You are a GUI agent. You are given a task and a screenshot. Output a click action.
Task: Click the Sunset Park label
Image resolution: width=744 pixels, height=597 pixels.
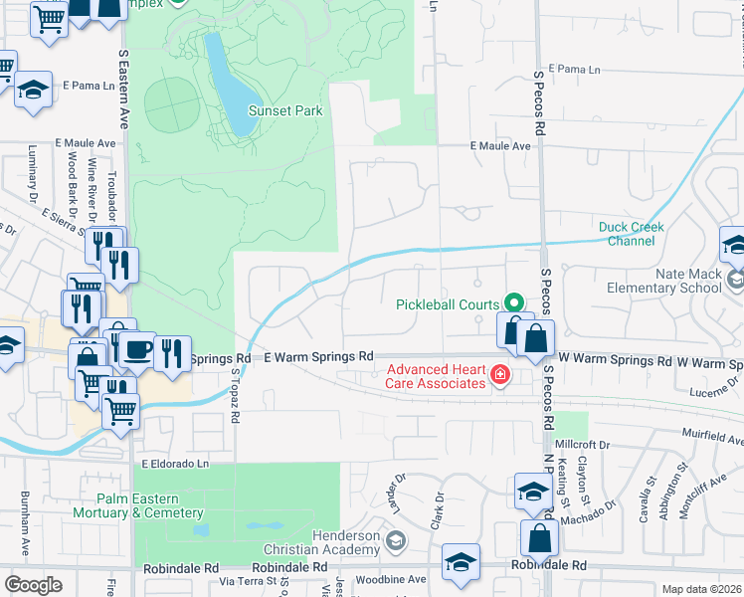285,110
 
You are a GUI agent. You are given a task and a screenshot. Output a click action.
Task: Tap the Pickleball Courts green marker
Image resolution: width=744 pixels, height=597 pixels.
513,303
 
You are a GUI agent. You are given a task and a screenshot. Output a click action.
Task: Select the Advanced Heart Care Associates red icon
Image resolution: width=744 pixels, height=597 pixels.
499,376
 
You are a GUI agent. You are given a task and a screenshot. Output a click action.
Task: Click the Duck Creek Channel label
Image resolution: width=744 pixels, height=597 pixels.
632,234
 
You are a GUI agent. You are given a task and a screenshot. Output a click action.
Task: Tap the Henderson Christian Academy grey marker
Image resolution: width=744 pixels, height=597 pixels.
396,541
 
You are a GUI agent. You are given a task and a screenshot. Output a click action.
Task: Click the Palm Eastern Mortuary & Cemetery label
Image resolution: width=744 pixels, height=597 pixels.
138,506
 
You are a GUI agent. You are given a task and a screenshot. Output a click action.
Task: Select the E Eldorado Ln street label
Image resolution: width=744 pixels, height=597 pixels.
177,464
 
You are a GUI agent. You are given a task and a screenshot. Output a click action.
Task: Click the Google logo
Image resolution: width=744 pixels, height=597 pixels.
33,585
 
